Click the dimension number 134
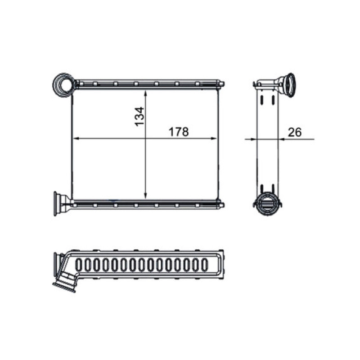pos(139,117)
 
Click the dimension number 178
pos(179,132)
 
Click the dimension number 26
pos(295,132)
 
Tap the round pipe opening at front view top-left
pos(64,85)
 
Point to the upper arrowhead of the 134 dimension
pos(145,94)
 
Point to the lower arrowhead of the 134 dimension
pos(145,196)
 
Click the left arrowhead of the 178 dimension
pos(76,139)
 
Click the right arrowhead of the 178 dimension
pos(214,139)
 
